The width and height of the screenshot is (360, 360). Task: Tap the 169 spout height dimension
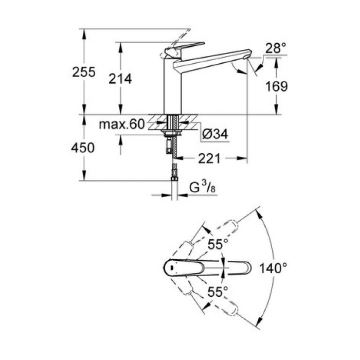click(x=276, y=86)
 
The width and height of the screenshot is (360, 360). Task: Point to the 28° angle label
click(x=275, y=49)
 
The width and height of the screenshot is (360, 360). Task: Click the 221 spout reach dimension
click(x=209, y=159)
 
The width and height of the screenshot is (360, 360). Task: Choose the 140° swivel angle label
click(x=273, y=268)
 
